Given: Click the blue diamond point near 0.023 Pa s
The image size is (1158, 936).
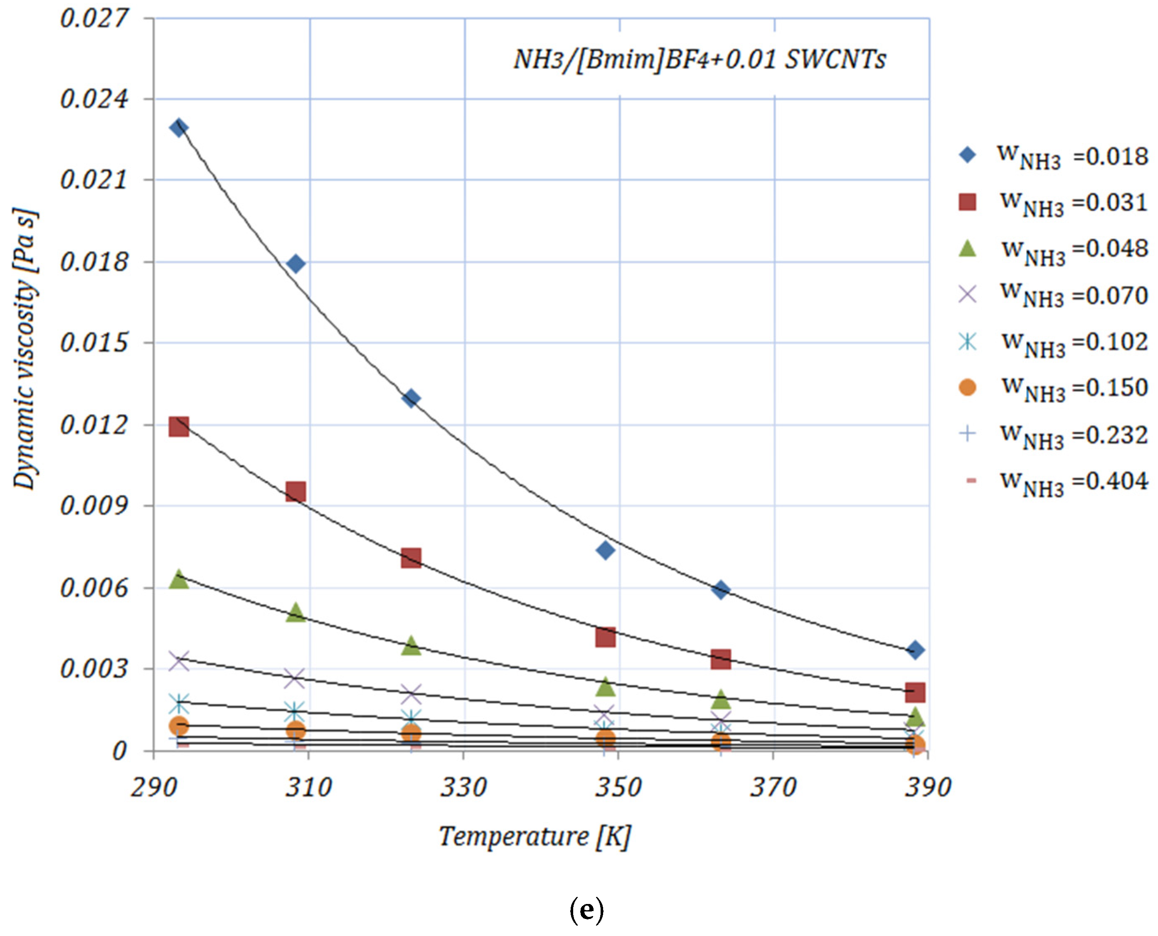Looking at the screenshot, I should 178,128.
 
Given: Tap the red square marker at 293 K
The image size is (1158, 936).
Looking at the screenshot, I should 178,426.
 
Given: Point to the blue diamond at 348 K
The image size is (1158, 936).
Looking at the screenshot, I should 606,550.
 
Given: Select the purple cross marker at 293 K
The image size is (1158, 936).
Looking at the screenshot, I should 178,661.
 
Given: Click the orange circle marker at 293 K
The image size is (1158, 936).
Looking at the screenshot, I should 178,726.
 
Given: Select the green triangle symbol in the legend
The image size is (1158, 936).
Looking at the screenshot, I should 968,249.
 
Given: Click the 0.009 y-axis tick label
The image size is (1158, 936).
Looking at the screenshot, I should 95,506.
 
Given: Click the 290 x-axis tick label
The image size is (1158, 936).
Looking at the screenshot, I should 154,788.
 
